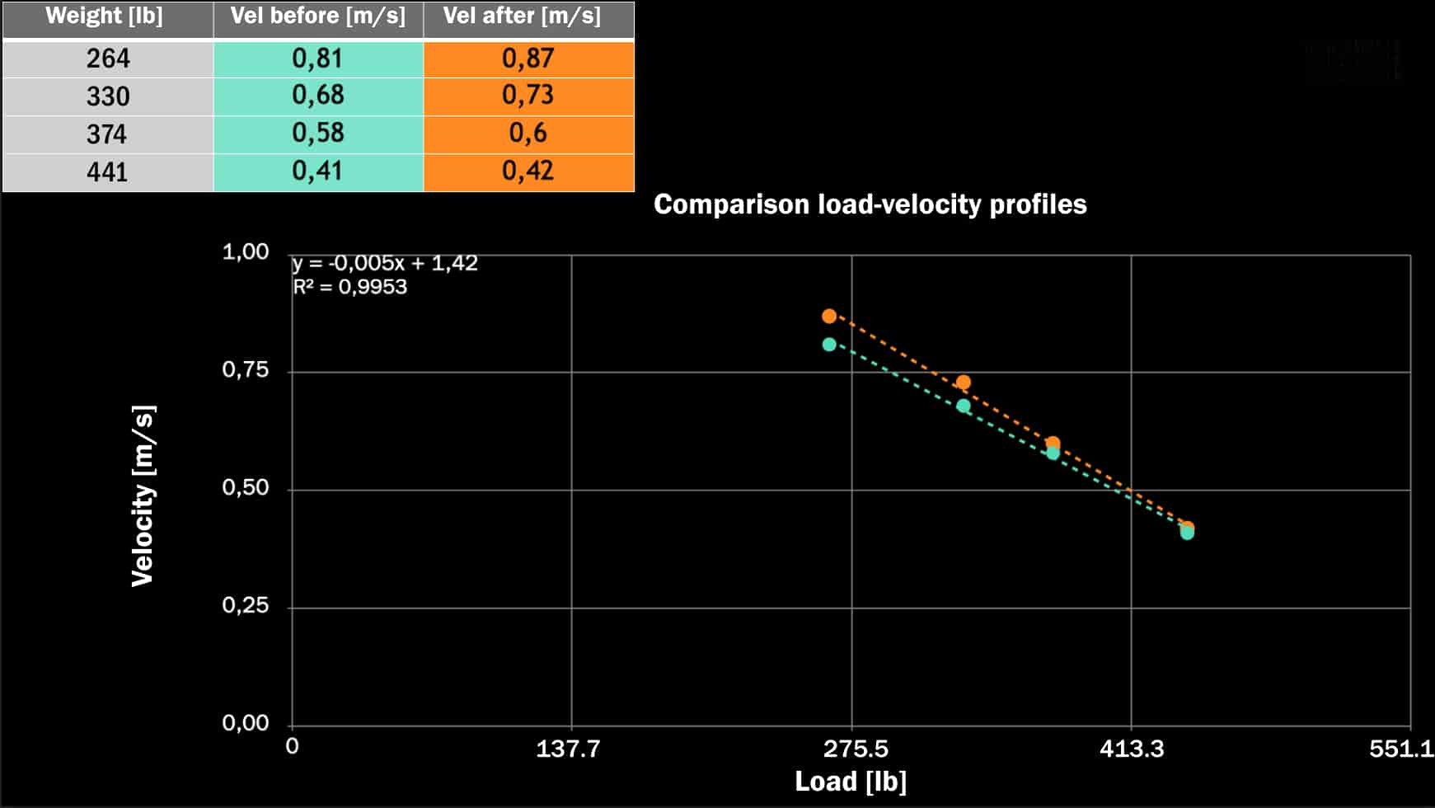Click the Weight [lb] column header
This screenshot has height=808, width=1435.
pyautogui.click(x=105, y=16)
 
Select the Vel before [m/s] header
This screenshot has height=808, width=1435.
pyautogui.click(x=317, y=16)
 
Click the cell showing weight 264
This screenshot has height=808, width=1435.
pyautogui.click(x=108, y=59)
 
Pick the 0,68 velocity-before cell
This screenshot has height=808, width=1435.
pyautogui.click(x=318, y=95)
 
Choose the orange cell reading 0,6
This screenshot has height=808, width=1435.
pyautogui.click(x=528, y=133)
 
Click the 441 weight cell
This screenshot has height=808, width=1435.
pyautogui.click(x=108, y=171)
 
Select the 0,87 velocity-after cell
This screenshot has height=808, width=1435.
pyautogui.click(x=528, y=59)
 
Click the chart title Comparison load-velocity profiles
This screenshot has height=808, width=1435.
pyautogui.click(x=870, y=204)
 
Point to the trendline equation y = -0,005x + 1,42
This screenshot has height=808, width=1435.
pyautogui.click(x=385, y=263)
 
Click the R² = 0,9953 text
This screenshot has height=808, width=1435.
pyautogui.click(x=350, y=287)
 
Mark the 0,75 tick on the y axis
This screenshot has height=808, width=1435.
pyautogui.click(x=246, y=369)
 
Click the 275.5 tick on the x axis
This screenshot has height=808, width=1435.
pyautogui.click(x=856, y=749)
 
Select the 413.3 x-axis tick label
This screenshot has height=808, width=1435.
pyautogui.click(x=1132, y=749)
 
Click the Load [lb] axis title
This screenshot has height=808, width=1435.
pyautogui.click(x=851, y=782)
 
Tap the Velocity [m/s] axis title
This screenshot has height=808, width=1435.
pyautogui.click(x=143, y=496)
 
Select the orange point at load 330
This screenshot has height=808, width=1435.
pyautogui.click(x=963, y=383)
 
